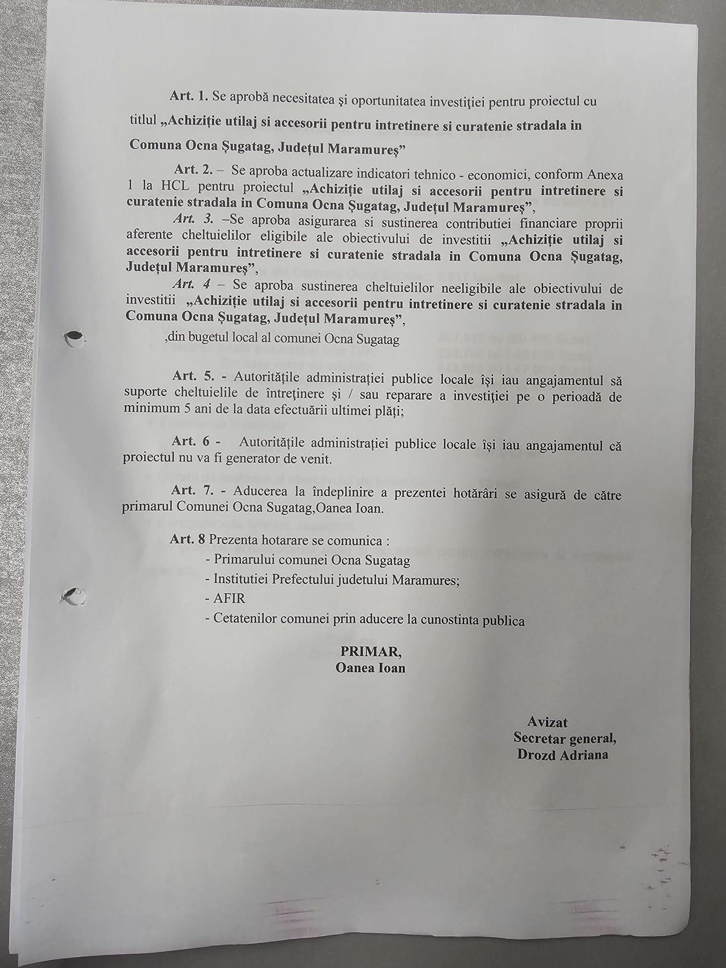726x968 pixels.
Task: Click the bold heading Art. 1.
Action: (189, 96)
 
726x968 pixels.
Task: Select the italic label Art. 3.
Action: (193, 219)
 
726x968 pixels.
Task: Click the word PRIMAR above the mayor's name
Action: (370, 651)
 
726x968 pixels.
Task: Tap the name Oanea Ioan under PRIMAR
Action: (370, 668)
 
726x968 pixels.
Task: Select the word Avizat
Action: (547, 722)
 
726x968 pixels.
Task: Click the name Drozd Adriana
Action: (562, 755)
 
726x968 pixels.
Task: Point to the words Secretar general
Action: (565, 738)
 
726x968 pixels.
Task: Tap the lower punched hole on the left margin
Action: (75, 595)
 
